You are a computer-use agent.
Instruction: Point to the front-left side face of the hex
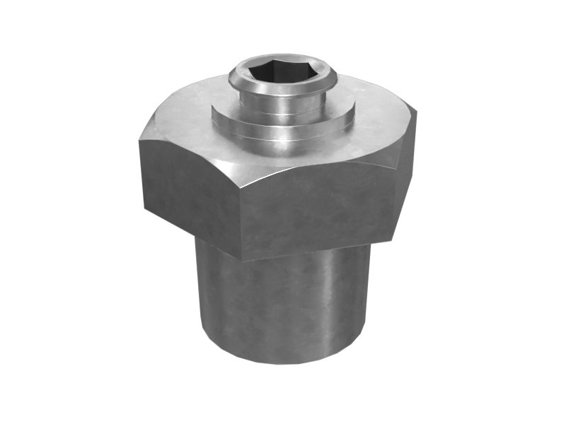tap(187, 187)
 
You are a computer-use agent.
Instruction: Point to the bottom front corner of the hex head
tap(241, 260)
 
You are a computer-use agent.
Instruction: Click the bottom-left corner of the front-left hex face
tap(146, 209)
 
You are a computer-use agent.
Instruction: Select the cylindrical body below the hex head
tap(283, 304)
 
